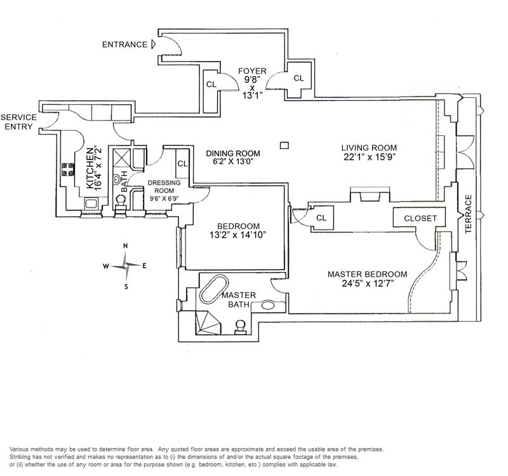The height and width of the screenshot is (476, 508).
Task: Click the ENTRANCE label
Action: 124,44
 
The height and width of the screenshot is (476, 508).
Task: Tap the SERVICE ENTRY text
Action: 18,122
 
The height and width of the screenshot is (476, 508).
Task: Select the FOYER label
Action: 252,71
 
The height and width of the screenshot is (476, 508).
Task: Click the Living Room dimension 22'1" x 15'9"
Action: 370,157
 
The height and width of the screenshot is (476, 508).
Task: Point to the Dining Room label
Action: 233,153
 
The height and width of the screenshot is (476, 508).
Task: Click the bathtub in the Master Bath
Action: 213,289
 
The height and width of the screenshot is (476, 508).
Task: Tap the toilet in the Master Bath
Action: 241,327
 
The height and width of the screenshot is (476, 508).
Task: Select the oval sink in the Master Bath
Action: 268,305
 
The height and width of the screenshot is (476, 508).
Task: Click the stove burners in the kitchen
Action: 68,169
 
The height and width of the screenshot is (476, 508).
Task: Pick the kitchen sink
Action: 91,204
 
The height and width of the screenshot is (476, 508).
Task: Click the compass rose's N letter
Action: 126,246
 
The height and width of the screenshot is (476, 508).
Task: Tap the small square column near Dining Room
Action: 284,145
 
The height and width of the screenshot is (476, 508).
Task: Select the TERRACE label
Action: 468,214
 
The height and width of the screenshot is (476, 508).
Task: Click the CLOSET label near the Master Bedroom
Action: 420,218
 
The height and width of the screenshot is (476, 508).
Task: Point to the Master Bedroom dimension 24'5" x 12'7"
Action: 368,284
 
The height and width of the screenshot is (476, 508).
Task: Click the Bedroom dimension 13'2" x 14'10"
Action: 237,235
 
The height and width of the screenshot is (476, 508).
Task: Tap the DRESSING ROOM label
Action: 164,187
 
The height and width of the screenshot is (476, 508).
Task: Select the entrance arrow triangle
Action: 154,44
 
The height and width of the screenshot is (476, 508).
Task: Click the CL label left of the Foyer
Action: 211,84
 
